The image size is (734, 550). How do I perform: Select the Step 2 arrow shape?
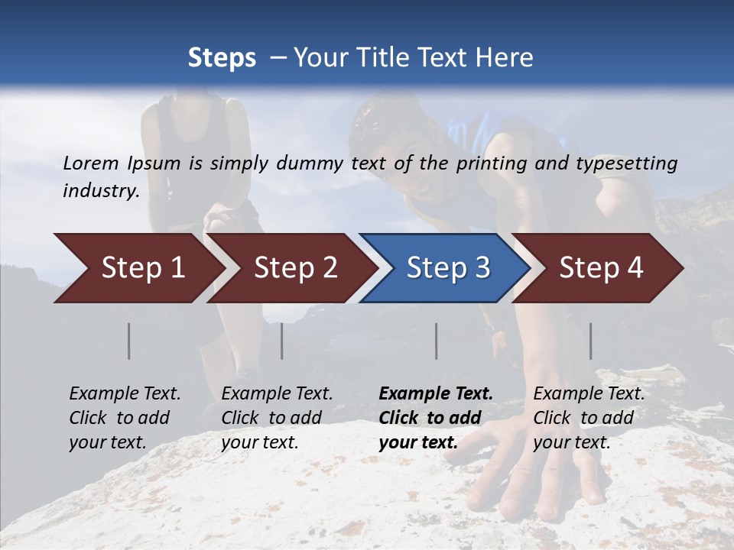(294, 268)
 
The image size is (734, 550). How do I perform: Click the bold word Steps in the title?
(222, 58)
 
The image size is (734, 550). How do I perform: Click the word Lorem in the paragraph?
(91, 163)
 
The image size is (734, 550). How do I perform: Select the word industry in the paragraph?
(100, 191)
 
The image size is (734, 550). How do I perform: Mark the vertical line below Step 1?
(129, 341)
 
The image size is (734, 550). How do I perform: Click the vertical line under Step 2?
(282, 341)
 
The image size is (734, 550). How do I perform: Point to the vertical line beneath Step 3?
(437, 341)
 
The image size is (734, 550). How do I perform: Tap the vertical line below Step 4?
(591, 341)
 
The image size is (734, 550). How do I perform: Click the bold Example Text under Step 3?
(436, 394)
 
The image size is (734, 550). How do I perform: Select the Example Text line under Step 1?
(125, 394)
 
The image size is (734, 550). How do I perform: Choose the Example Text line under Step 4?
(589, 394)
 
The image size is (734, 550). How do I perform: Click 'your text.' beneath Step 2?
(259, 442)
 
